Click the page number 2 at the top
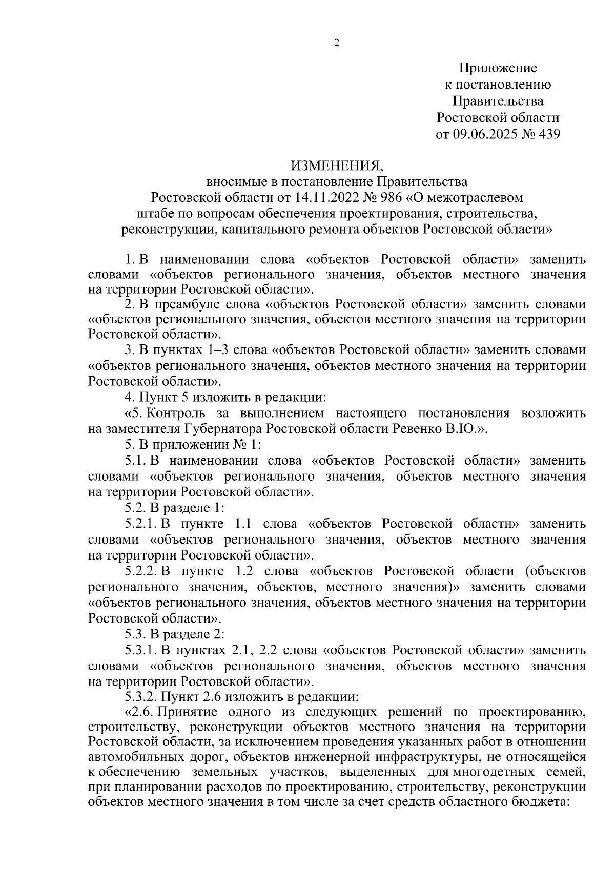337,43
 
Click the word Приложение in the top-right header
498,68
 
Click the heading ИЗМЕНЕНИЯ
337,166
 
